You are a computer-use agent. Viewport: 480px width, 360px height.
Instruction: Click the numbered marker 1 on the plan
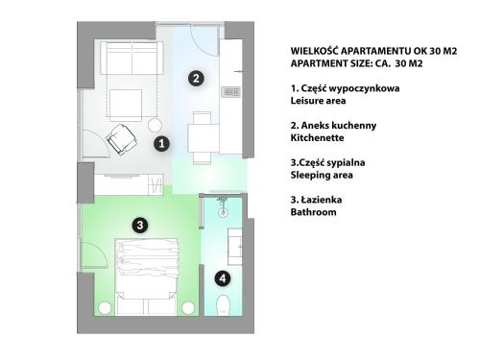(x=161, y=143)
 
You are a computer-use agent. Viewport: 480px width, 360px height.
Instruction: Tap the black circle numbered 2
(x=196, y=78)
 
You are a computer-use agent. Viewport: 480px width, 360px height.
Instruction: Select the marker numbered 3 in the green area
(x=140, y=226)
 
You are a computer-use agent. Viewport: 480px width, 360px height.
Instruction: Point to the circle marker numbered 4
(x=223, y=278)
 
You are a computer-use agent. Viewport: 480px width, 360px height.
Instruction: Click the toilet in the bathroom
(x=223, y=305)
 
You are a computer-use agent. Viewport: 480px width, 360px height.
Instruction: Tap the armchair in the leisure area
(x=122, y=139)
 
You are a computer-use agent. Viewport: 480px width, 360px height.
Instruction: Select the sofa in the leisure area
(x=132, y=58)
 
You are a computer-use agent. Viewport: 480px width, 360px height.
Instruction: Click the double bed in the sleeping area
(x=147, y=276)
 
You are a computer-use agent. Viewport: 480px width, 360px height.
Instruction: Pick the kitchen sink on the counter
(x=230, y=92)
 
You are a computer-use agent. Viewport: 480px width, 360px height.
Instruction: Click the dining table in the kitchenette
(x=204, y=138)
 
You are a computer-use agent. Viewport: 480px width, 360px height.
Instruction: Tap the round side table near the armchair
(x=156, y=125)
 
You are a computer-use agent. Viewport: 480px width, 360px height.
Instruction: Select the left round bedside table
(x=105, y=308)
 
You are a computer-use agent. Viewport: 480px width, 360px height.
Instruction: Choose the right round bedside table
(x=188, y=308)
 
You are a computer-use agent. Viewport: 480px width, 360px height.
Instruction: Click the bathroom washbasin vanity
(x=234, y=247)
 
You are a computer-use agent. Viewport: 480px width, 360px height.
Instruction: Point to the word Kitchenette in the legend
(x=317, y=138)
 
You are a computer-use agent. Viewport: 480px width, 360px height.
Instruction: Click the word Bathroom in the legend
(x=313, y=212)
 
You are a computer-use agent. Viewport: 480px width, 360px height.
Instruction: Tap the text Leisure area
(x=318, y=101)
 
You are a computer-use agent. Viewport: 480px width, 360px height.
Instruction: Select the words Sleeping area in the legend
(x=322, y=175)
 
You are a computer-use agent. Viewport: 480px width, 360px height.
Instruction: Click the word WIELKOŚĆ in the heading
(x=314, y=51)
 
